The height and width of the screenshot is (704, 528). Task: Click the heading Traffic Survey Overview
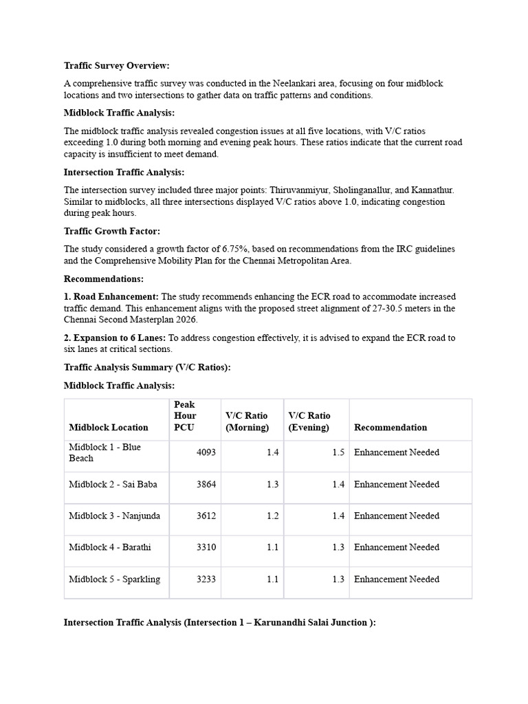(116, 66)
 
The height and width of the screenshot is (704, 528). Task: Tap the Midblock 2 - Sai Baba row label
(113, 485)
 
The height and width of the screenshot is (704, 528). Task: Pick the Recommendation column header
(390, 428)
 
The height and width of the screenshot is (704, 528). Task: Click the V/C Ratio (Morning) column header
(247, 421)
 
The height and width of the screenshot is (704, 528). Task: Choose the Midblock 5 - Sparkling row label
(114, 580)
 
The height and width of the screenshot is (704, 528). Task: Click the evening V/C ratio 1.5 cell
(338, 452)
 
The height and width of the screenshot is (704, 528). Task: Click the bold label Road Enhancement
(111, 296)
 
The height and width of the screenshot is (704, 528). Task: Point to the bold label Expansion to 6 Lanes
(115, 338)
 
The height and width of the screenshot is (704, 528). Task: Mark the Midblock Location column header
(109, 428)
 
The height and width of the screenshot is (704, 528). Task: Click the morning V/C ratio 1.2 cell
(272, 516)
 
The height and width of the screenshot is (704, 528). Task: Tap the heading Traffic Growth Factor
(111, 232)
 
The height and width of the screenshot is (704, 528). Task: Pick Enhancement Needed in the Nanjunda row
(396, 516)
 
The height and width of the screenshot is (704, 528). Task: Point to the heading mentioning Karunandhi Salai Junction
(219, 623)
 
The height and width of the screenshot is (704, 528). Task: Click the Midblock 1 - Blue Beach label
(104, 452)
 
